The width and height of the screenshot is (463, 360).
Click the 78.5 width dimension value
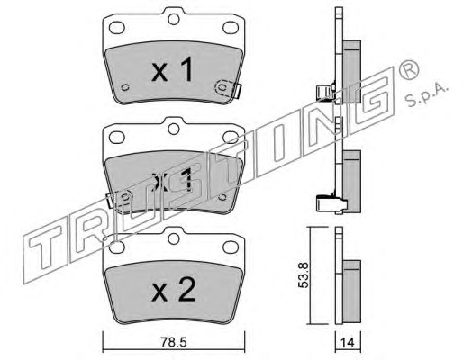[x=174, y=342]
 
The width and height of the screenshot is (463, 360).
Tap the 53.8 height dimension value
[x=304, y=275]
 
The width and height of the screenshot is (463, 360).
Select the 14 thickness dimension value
[x=348, y=343]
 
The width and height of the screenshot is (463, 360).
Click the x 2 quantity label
[x=174, y=290]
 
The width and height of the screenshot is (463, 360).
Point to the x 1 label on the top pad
[x=172, y=69]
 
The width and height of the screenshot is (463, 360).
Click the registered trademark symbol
[x=409, y=70]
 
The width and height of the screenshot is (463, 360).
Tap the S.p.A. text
[x=426, y=96]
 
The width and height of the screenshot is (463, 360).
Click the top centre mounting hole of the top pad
[x=174, y=19]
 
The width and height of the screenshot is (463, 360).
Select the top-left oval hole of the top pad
[x=116, y=28]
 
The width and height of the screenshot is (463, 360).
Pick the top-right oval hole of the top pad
[x=231, y=28]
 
